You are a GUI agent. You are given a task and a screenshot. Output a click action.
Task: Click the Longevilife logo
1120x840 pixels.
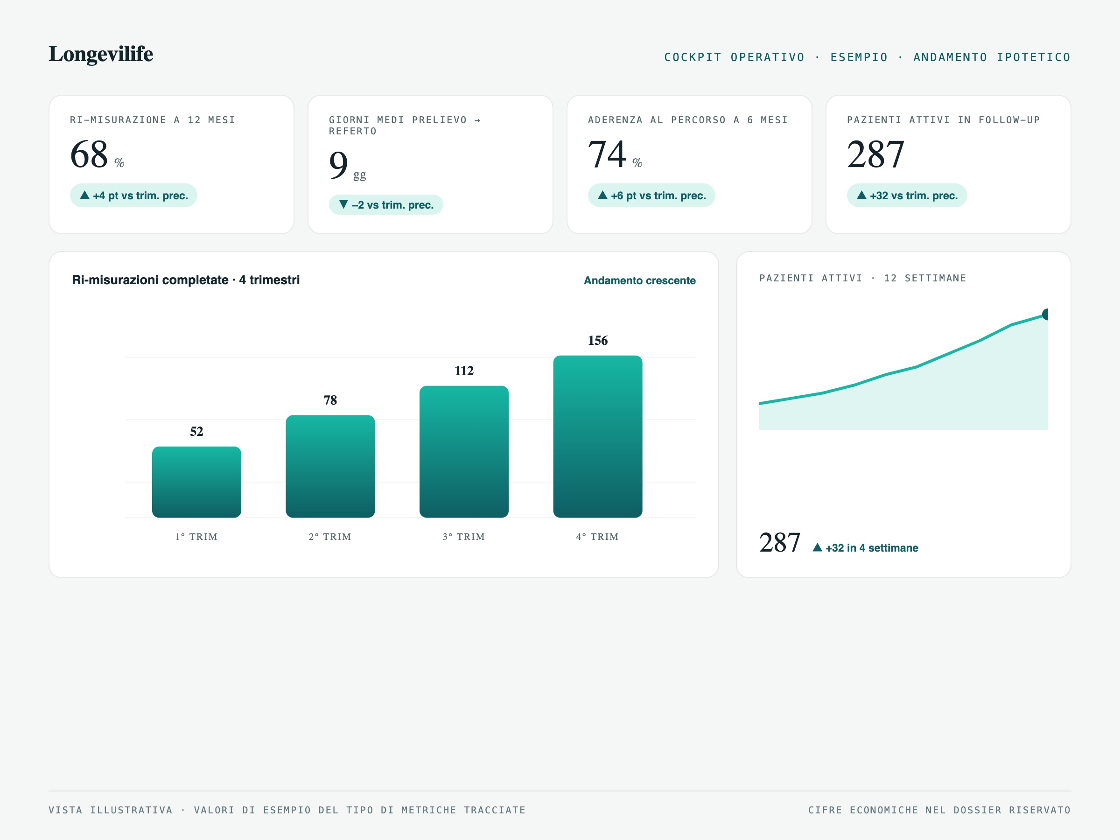(101, 54)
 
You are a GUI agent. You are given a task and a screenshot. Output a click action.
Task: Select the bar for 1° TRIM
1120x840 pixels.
(196, 482)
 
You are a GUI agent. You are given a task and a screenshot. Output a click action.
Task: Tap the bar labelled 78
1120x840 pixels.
(330, 466)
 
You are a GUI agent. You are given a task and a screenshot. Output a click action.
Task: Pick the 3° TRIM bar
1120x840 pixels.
(464, 452)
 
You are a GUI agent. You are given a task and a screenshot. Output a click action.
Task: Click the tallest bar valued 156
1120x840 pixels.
(597, 436)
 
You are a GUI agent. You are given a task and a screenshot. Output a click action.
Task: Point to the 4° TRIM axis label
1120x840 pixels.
(597, 537)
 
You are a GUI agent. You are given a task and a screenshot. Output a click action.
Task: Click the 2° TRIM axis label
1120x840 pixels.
(330, 537)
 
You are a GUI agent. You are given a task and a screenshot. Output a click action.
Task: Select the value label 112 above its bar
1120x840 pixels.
(464, 371)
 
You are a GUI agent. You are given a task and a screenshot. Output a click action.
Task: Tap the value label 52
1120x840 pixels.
(196, 431)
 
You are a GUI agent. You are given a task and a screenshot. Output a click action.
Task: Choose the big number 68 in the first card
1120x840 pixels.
(89, 154)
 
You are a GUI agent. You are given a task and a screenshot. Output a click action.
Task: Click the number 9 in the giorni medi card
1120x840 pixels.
(338, 165)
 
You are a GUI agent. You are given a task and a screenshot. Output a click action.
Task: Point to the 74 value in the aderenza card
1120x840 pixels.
(607, 154)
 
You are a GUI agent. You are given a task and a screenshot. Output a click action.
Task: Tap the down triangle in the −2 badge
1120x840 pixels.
(343, 204)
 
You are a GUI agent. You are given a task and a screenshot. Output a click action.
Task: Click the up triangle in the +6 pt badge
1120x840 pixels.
(602, 195)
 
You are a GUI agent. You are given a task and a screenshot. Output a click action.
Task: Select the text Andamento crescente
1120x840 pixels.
(639, 280)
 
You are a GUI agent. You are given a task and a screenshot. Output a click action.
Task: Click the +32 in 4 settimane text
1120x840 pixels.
(871, 548)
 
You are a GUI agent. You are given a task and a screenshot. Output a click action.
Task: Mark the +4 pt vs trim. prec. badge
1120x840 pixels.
(133, 196)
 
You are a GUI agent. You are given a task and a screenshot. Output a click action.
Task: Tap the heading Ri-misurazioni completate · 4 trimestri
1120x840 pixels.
(186, 280)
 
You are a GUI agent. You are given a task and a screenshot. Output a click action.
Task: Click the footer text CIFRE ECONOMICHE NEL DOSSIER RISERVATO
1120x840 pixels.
(939, 810)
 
